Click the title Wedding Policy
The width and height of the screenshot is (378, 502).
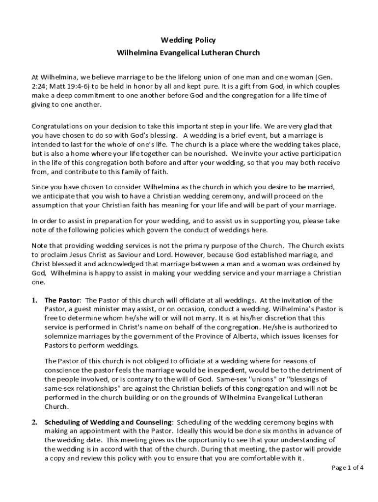pyautogui.click(x=188, y=40)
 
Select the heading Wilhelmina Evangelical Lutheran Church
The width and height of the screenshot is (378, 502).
pyautogui.click(x=188, y=52)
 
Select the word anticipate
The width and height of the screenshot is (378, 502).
pyautogui.click(x=58, y=196)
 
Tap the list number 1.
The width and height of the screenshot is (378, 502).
pyautogui.click(x=35, y=301)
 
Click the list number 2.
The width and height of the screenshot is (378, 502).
pyautogui.click(x=35, y=423)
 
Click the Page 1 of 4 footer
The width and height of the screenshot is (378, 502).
pyautogui.click(x=348, y=468)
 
